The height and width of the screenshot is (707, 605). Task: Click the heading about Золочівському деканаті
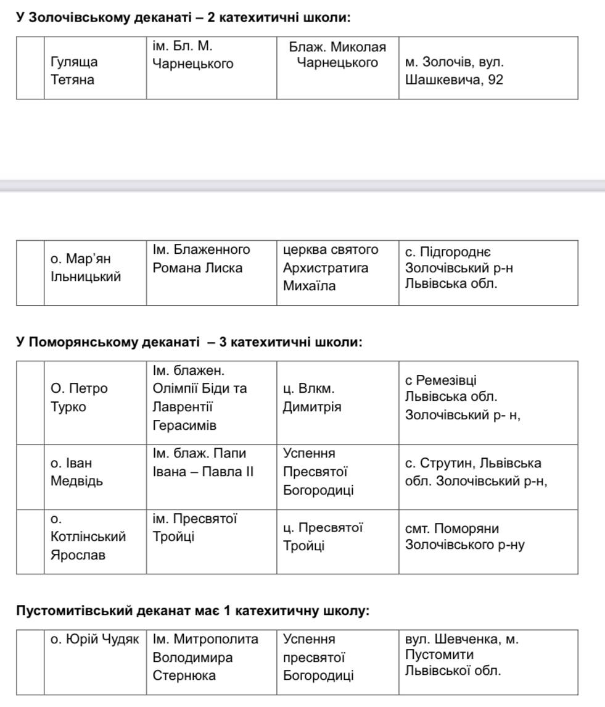tap(183, 17)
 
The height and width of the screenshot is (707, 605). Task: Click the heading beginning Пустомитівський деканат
tap(192, 611)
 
